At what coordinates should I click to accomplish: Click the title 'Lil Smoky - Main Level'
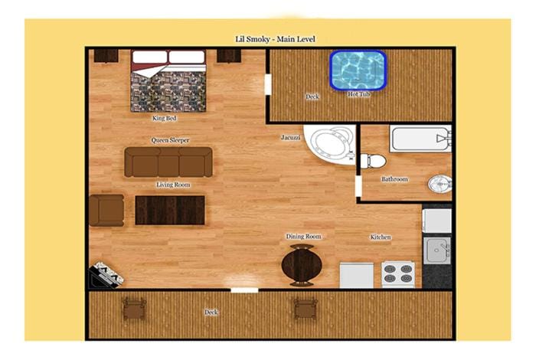coord(275,39)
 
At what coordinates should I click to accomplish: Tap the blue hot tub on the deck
coord(358,70)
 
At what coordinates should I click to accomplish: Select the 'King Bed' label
coord(165,118)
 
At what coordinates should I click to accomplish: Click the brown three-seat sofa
coord(168,162)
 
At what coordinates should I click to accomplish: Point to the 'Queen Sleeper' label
coord(170,140)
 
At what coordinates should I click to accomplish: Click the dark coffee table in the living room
coord(170,211)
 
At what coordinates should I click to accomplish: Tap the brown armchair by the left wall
coord(106,211)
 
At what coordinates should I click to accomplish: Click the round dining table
coord(302,265)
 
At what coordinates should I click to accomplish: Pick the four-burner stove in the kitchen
coord(398,274)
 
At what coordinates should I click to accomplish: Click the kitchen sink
coord(437,250)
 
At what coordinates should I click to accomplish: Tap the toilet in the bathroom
coord(374,161)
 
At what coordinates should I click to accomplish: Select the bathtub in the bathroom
coord(420,139)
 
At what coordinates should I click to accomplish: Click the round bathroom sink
coord(440,184)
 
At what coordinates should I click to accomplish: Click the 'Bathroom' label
coord(395,179)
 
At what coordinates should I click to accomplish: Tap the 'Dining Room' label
coord(303,236)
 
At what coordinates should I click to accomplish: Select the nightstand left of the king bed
coord(106,56)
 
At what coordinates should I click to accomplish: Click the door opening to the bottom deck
coord(244,290)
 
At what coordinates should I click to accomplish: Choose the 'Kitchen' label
coord(381,237)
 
